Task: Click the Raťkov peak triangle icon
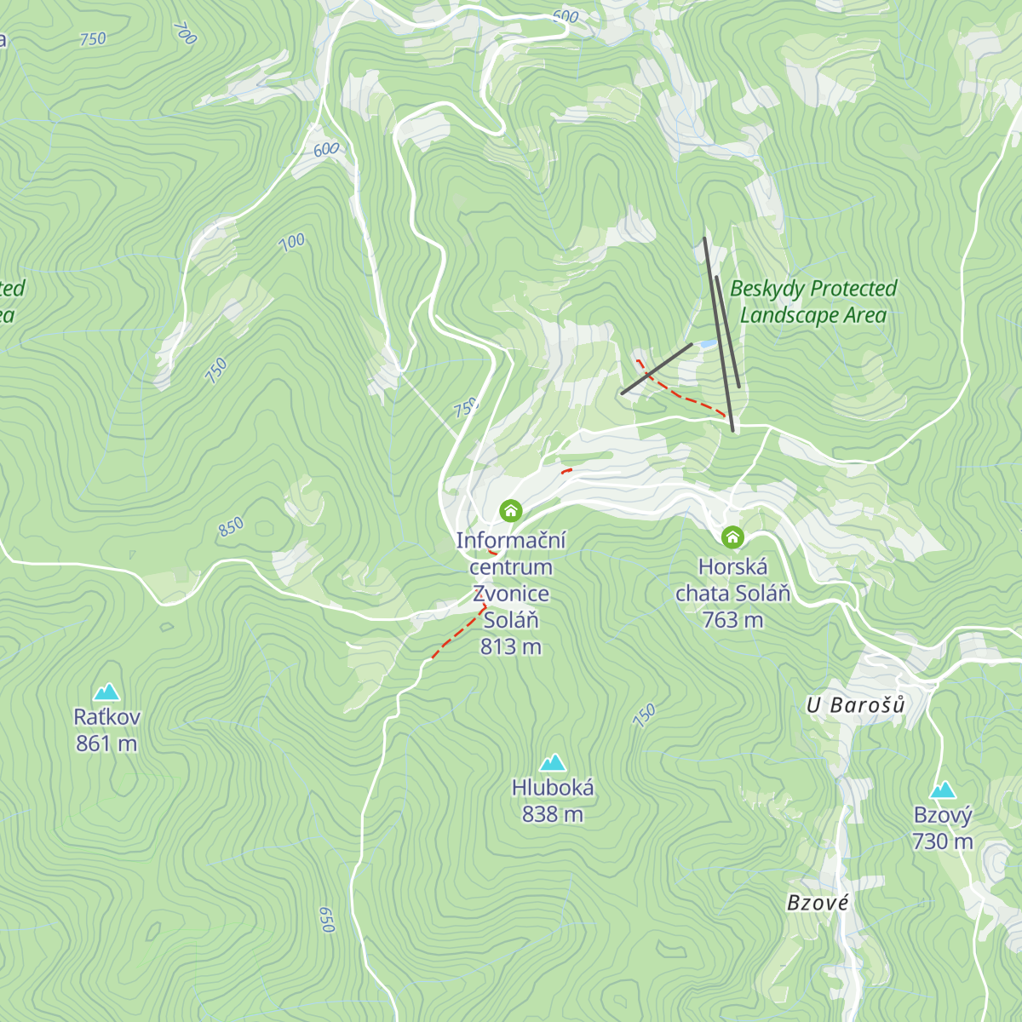click(x=106, y=691)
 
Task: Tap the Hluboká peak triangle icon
click(x=553, y=761)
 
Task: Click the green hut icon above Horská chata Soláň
click(x=732, y=537)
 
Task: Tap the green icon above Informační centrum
click(x=510, y=510)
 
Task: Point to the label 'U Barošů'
click(x=856, y=705)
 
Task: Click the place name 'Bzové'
click(x=818, y=903)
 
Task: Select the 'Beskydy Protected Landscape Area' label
click(x=813, y=301)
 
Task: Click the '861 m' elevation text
click(x=106, y=744)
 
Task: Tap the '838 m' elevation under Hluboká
click(x=553, y=814)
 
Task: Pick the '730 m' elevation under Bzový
click(x=942, y=841)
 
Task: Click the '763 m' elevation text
click(x=732, y=620)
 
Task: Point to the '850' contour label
click(x=231, y=527)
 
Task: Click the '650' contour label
click(x=326, y=919)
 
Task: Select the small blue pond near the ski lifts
click(x=707, y=344)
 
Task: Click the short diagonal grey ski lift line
click(x=657, y=369)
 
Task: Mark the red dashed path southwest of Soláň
click(x=458, y=633)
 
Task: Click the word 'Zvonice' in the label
click(x=510, y=593)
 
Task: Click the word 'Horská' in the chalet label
click(x=732, y=566)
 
